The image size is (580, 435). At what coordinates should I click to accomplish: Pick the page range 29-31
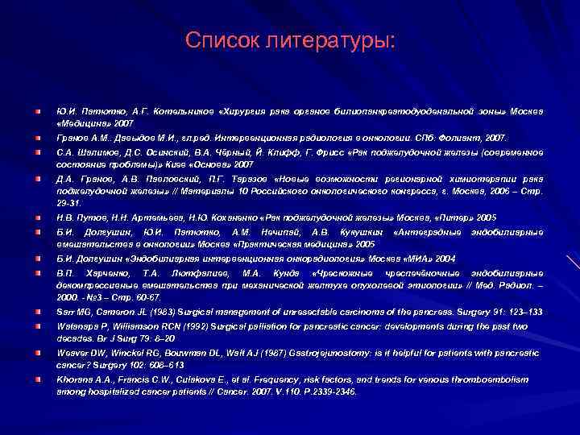[x=69, y=204]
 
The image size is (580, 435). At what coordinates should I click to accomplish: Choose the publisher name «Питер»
[x=445, y=217]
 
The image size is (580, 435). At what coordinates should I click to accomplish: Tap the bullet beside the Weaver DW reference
[x=39, y=353]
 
